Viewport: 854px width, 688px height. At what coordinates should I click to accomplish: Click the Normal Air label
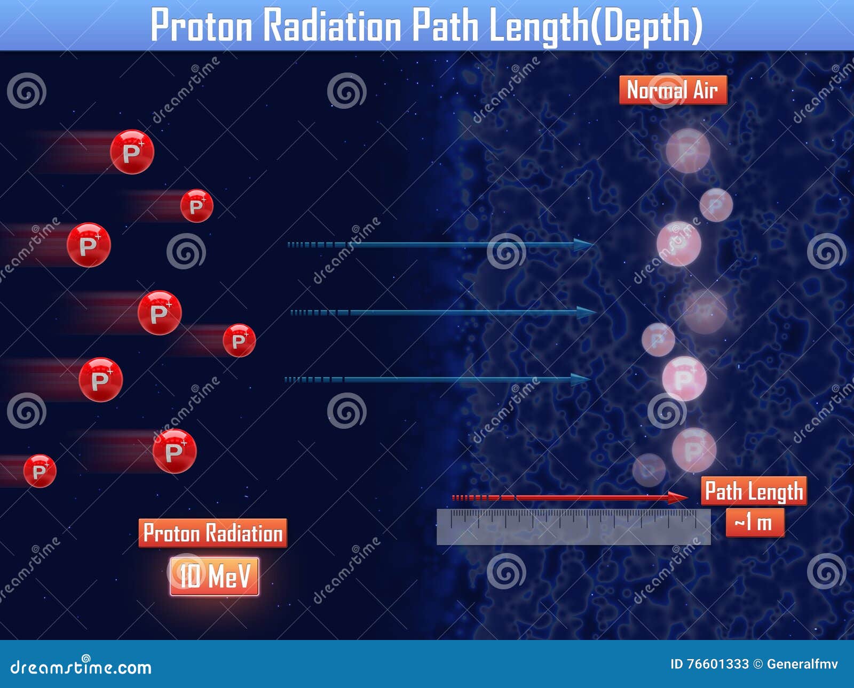pyautogui.click(x=673, y=90)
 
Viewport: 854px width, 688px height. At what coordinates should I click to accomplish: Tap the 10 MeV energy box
pyautogui.click(x=215, y=576)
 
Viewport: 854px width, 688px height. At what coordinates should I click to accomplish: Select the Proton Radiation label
pyautogui.click(x=212, y=533)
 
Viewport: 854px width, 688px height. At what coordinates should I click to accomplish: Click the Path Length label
pyautogui.click(x=754, y=491)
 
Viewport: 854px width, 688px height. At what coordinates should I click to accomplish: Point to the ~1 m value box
pyautogui.click(x=755, y=522)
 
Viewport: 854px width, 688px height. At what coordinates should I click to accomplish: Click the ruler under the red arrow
pyautogui.click(x=573, y=526)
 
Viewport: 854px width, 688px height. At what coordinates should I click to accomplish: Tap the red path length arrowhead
pyautogui.click(x=679, y=498)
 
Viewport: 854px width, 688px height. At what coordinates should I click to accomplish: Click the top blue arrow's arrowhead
pyautogui.click(x=584, y=245)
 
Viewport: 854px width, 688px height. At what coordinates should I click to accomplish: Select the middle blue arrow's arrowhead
pyautogui.click(x=586, y=313)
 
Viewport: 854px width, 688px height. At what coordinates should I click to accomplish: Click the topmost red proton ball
pyautogui.click(x=132, y=152)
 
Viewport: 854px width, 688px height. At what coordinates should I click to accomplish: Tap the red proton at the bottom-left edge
pyautogui.click(x=39, y=471)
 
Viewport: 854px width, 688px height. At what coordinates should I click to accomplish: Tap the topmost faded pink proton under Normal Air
pyautogui.click(x=688, y=150)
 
